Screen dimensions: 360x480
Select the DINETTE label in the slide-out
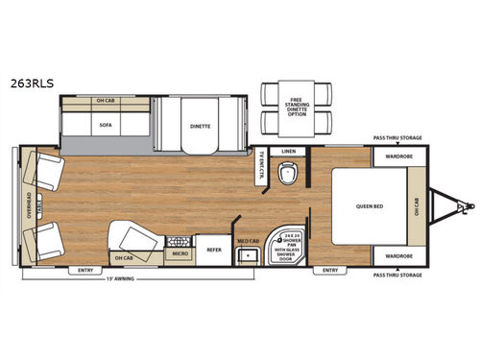[x=201, y=124]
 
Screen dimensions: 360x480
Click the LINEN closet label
[x=288, y=152]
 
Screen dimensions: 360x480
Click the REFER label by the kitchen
[x=215, y=249]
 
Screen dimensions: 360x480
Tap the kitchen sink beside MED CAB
[x=248, y=255]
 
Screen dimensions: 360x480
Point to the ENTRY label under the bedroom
[x=330, y=271]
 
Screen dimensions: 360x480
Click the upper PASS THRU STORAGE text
[x=396, y=138]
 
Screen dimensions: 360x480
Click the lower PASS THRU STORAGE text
[x=396, y=275]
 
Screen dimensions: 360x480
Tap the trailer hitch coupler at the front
[x=466, y=204]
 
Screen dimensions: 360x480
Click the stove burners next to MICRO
[x=178, y=242]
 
